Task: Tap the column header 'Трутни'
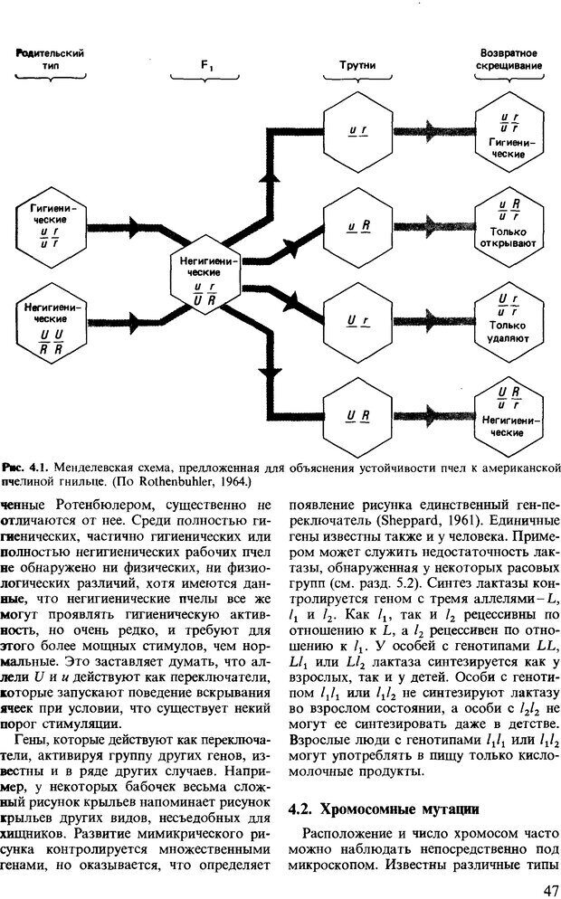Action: [357, 65]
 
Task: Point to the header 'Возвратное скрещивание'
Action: [508, 59]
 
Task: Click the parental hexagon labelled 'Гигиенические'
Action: [51, 225]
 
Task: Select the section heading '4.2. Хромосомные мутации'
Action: [377, 808]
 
